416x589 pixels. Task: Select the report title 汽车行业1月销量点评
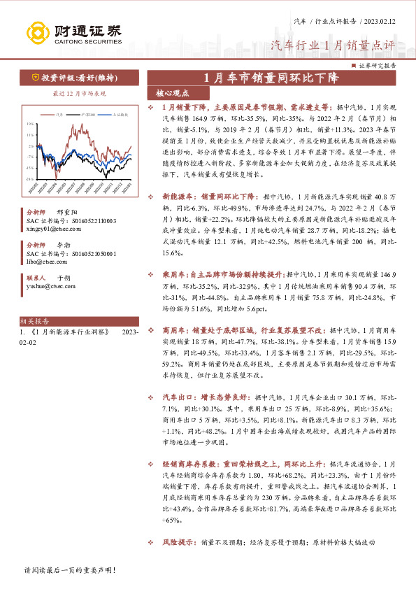point(333,45)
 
